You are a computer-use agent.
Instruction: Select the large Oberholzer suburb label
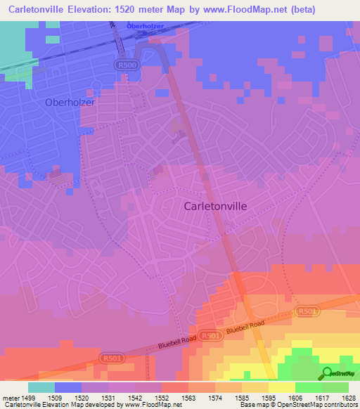coord(50,102)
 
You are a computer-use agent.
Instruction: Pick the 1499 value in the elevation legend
coord(26,398)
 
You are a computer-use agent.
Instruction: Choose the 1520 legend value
coord(80,398)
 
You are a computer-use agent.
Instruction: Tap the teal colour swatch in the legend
coord(41,387)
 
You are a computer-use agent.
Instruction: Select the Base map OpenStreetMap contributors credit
coord(300,405)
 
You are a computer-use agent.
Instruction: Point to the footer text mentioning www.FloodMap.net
coord(91,405)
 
